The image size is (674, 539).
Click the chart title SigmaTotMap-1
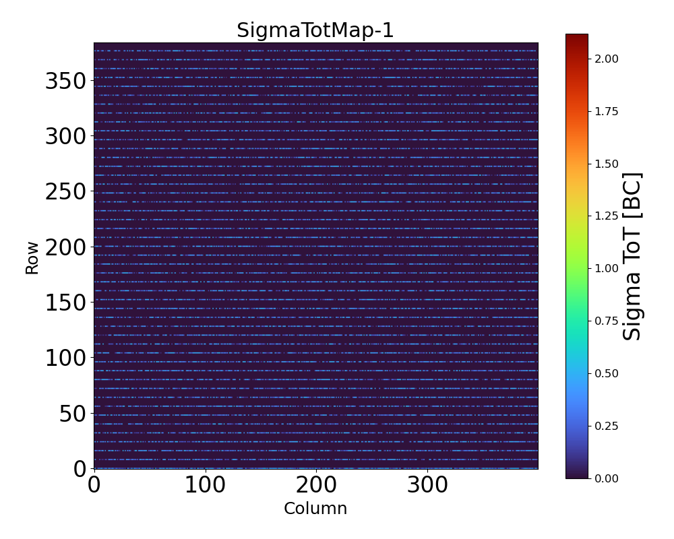pyautogui.click(x=315, y=31)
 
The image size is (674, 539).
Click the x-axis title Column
pyautogui.click(x=315, y=509)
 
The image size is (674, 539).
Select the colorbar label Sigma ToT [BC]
pyautogui.click(x=632, y=256)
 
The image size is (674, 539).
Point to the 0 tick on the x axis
pyautogui.click(x=94, y=485)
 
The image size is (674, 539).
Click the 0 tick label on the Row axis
pyautogui.click(x=80, y=468)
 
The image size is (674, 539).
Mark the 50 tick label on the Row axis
pyautogui.click(x=73, y=413)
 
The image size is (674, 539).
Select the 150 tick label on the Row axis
pyautogui.click(x=65, y=303)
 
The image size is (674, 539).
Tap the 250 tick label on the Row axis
pyautogui.click(x=65, y=192)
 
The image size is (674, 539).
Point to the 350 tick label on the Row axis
pyautogui.click(x=65, y=82)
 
